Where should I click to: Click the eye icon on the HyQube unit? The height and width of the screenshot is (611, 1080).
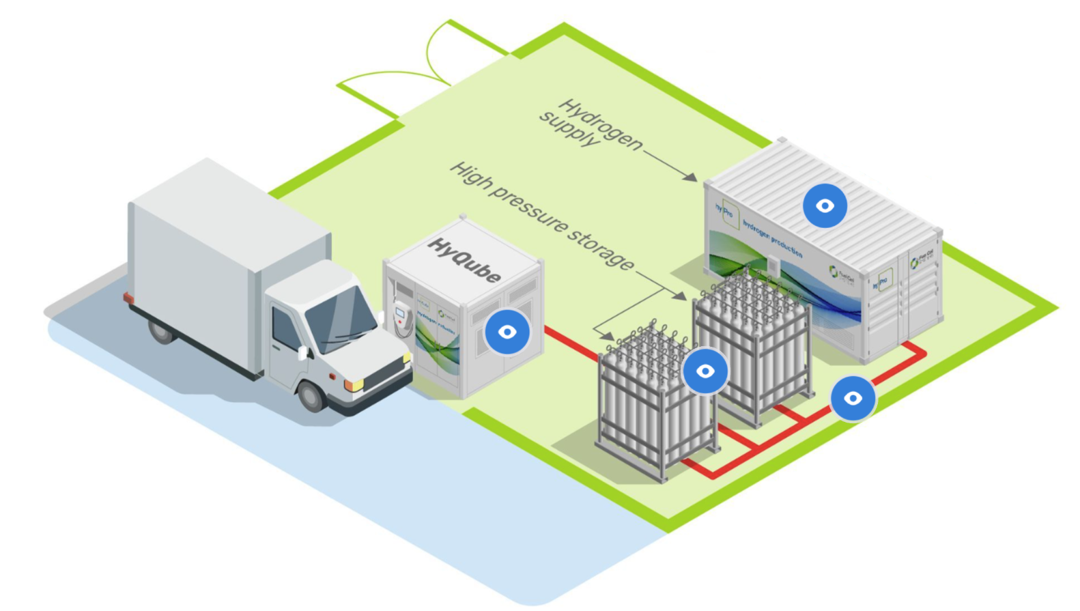coord(507,332)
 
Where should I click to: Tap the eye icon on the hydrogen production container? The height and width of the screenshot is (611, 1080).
coord(825,205)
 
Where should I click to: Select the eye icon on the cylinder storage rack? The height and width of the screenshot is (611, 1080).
coord(705,371)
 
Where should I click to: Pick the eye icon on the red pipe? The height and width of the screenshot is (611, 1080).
coord(853,398)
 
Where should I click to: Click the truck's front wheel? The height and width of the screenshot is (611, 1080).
coord(311,395)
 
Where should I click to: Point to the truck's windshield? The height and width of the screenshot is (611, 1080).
coord(339,319)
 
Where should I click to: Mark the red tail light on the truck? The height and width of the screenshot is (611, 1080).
coord(128,298)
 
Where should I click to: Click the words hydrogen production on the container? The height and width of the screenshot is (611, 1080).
coord(771,238)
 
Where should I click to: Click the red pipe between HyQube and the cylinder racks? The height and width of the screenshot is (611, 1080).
coord(570,344)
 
